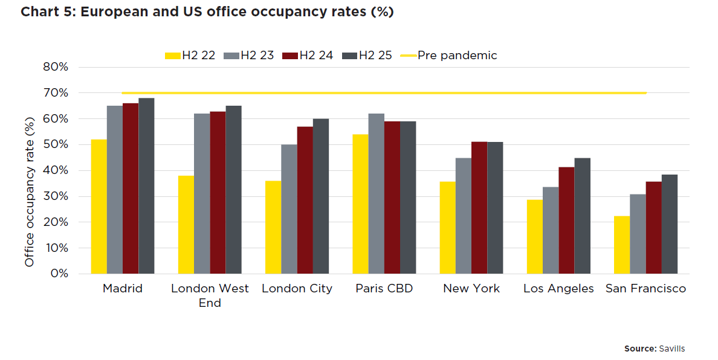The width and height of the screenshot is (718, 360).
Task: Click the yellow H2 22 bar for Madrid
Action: (x=99, y=207)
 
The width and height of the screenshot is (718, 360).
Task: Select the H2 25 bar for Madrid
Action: (x=146, y=186)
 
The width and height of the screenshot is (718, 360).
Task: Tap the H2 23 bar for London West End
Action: (x=202, y=193)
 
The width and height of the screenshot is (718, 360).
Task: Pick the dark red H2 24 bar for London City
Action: (x=305, y=200)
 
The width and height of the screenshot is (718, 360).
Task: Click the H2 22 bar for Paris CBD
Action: (x=360, y=204)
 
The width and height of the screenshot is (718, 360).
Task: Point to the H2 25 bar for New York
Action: (x=495, y=208)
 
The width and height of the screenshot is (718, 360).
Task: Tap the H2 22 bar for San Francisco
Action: (x=621, y=245)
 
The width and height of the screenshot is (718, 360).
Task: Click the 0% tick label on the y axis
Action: (x=59, y=274)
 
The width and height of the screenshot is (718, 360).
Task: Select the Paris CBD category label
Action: (x=384, y=289)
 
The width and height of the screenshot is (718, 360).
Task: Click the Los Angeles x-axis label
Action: (x=558, y=289)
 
